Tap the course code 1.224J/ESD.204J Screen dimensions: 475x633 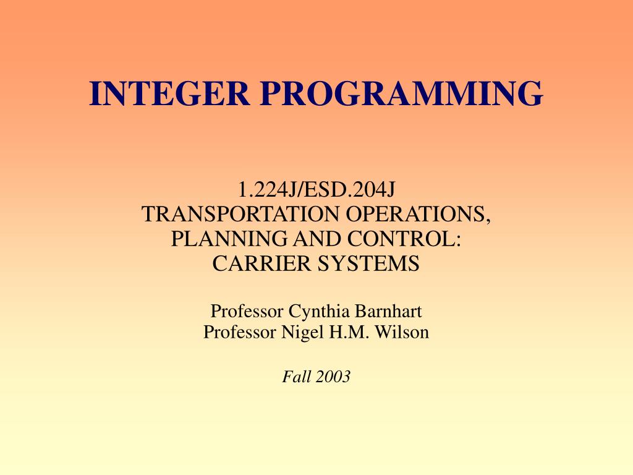pos(316,189)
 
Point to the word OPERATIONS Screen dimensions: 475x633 pos(418,214)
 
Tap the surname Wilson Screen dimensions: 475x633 pos(402,332)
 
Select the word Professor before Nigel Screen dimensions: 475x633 pos(240,332)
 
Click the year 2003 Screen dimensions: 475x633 pos(333,376)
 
